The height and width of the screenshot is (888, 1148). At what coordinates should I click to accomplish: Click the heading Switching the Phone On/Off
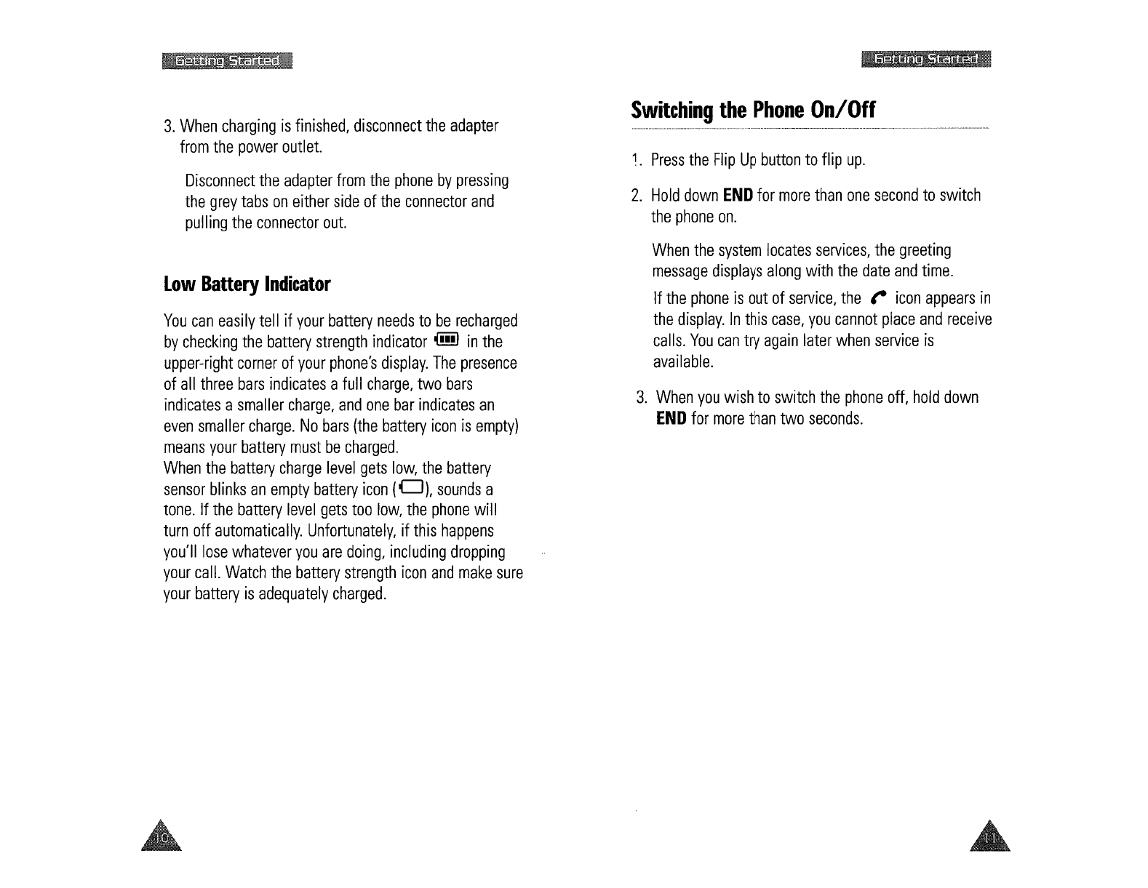point(753,111)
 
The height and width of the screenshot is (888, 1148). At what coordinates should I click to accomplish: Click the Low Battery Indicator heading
point(247,284)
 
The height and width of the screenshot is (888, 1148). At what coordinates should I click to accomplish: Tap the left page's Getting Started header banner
point(227,60)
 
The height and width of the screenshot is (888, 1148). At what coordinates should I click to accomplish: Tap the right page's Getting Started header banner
point(925,60)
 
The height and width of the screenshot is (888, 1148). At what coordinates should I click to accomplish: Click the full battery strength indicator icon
point(445,340)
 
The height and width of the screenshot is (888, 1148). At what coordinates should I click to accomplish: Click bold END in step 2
point(737,196)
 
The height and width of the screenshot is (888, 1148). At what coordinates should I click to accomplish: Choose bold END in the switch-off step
point(671,419)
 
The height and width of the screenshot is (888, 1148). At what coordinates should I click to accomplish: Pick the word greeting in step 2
point(925,251)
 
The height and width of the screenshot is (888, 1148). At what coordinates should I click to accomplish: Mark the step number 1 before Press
point(635,160)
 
